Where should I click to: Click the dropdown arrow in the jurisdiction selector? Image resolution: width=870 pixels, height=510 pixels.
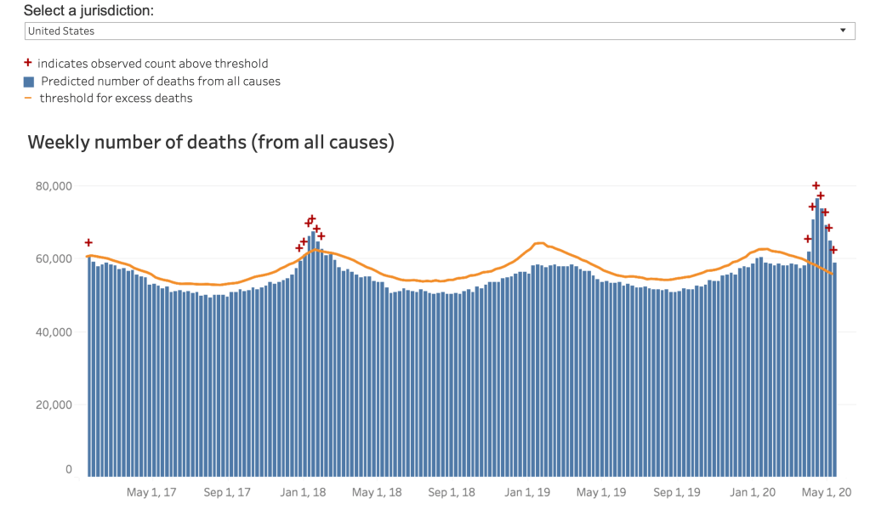[843, 31]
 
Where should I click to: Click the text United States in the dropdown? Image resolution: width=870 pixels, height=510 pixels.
[60, 31]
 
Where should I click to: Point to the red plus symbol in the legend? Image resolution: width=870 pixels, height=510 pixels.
[28, 64]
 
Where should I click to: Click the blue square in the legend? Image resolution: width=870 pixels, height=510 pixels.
[28, 82]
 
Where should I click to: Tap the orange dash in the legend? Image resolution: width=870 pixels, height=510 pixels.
[28, 99]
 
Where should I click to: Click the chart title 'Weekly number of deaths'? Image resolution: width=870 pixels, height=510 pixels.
[211, 142]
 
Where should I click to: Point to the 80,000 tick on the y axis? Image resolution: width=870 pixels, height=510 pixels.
[51, 186]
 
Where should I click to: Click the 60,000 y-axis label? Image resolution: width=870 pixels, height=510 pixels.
[51, 258]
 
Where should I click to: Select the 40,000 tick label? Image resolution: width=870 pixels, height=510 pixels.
[51, 331]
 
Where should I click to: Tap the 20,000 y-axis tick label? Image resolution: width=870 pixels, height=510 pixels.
[51, 405]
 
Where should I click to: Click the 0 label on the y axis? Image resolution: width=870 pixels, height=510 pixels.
[69, 469]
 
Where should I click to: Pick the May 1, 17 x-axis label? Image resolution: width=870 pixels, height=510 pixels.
[151, 492]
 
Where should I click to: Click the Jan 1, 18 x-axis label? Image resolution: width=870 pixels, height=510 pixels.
[303, 492]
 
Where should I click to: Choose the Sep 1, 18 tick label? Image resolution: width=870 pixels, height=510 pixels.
[452, 492]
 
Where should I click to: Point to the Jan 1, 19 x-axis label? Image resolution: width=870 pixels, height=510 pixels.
[528, 492]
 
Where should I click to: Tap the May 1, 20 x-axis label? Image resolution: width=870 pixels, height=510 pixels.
[827, 492]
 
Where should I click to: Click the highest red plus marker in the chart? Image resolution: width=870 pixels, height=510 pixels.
[816, 185]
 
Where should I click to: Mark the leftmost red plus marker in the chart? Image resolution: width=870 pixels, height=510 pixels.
[88, 243]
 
